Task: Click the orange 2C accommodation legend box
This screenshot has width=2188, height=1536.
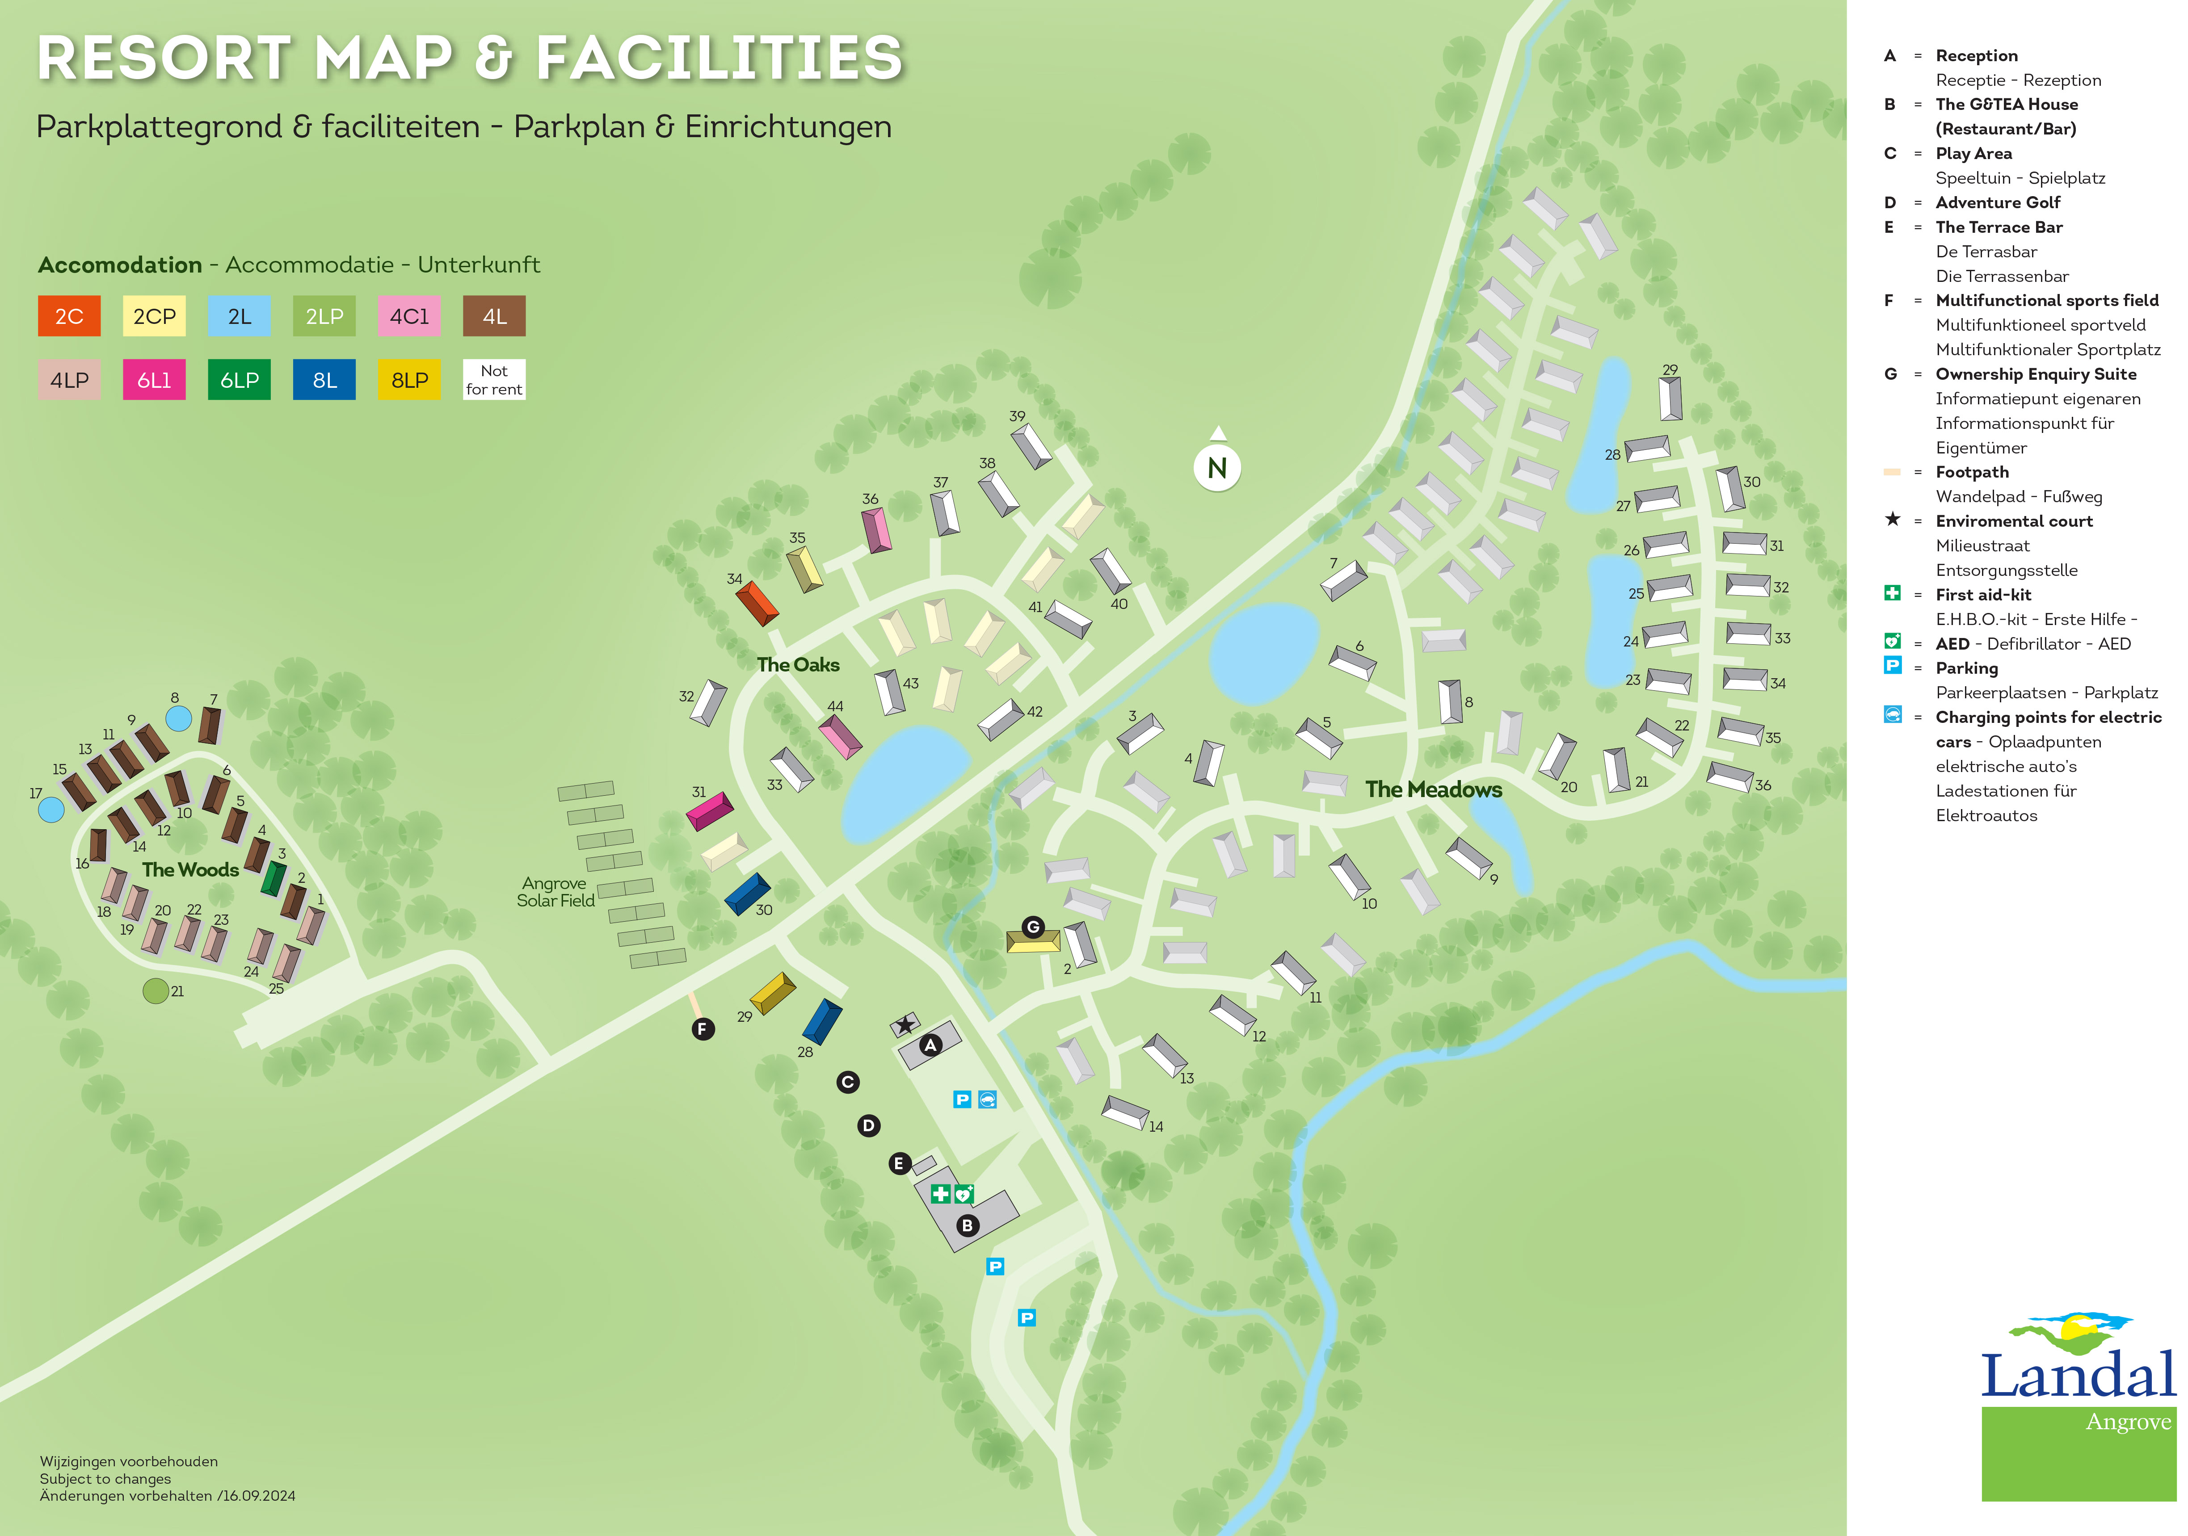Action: click(x=69, y=316)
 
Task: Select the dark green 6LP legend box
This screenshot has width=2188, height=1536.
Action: click(x=239, y=380)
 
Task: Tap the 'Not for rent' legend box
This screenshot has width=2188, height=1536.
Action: click(x=494, y=380)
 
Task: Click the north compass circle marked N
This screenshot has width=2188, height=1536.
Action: click(x=1217, y=468)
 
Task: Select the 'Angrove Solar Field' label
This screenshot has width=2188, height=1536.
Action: click(x=555, y=892)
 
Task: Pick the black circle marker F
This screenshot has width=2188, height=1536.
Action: click(x=703, y=1029)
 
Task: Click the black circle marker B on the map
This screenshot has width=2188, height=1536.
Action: click(x=967, y=1225)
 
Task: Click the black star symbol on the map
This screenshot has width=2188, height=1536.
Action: click(x=905, y=1024)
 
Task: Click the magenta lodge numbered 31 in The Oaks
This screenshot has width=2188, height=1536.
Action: click(x=710, y=811)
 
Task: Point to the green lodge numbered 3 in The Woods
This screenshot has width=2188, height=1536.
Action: click(x=273, y=877)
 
